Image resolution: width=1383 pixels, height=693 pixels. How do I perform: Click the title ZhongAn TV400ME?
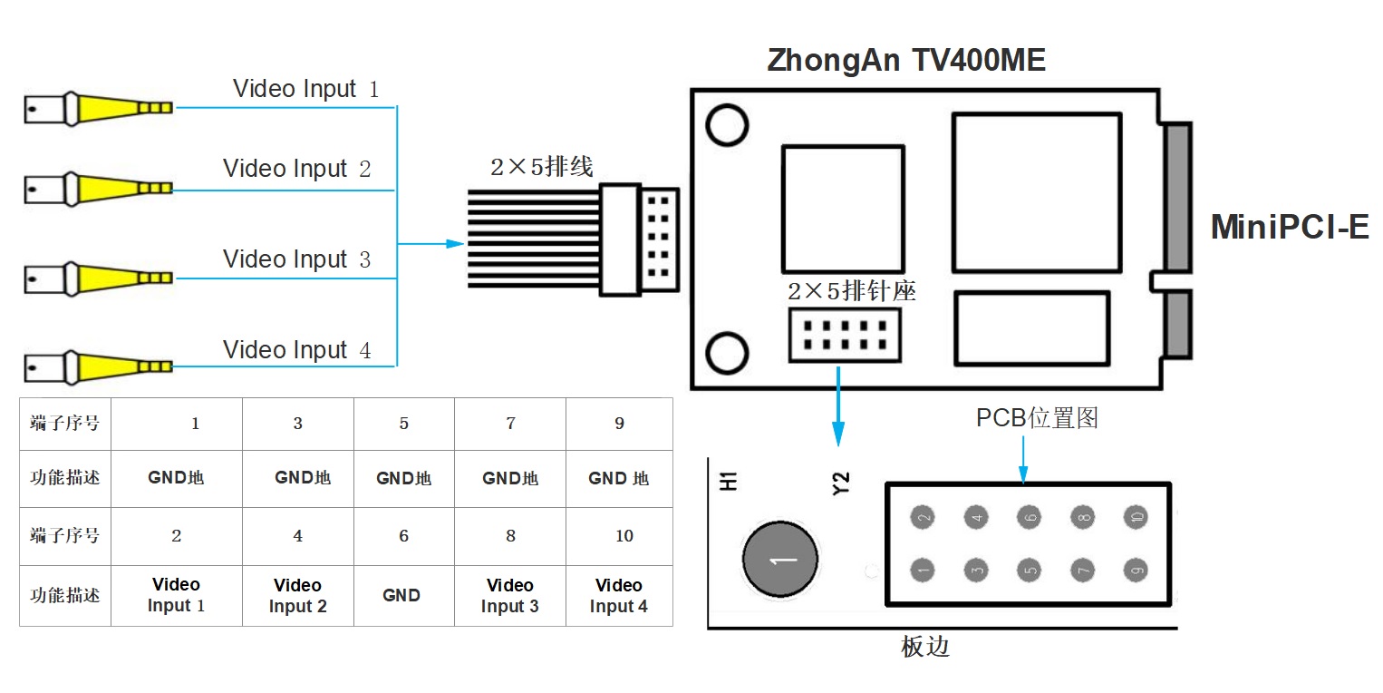point(906,60)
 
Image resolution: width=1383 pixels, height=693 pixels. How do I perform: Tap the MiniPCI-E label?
point(1290,227)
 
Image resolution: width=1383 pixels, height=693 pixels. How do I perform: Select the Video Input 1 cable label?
point(305,89)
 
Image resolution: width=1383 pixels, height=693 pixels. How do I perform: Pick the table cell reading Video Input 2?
point(297,596)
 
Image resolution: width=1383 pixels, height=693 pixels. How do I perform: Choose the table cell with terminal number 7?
point(510,424)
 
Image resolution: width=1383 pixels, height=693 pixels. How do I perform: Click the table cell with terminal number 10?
point(624,536)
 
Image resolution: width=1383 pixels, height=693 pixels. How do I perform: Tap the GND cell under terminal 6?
point(401,596)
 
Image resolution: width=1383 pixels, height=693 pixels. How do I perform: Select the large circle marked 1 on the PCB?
point(779,560)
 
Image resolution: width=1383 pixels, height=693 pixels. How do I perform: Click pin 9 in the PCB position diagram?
point(1136,571)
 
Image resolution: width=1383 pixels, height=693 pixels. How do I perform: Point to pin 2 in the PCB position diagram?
point(923,518)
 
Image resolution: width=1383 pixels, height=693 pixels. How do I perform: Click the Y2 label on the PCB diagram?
point(841,483)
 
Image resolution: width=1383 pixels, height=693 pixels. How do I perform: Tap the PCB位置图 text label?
point(1037,418)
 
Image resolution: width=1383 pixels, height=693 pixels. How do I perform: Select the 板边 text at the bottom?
point(925,647)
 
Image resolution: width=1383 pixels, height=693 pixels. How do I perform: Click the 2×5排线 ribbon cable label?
point(541,167)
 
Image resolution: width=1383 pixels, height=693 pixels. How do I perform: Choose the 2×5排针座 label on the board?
point(852,291)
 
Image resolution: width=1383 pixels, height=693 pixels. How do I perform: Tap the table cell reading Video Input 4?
point(619,596)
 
